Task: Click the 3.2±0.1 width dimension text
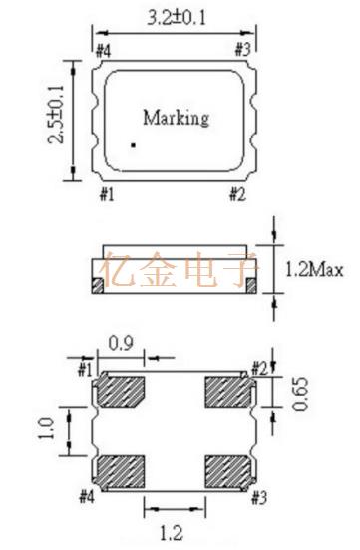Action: pyautogui.click(x=176, y=18)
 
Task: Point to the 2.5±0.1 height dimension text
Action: pyautogui.click(x=56, y=114)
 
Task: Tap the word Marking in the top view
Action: pyautogui.click(x=176, y=119)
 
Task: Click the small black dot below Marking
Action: pyautogui.click(x=133, y=145)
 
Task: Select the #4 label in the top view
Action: pyautogui.click(x=104, y=51)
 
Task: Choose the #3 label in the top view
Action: pyautogui.click(x=243, y=50)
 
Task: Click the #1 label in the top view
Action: pyautogui.click(x=107, y=194)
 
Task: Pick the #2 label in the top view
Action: pyautogui.click(x=237, y=194)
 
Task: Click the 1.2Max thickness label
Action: pyautogui.click(x=314, y=270)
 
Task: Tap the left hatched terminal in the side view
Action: pyautogui.click(x=98, y=286)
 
